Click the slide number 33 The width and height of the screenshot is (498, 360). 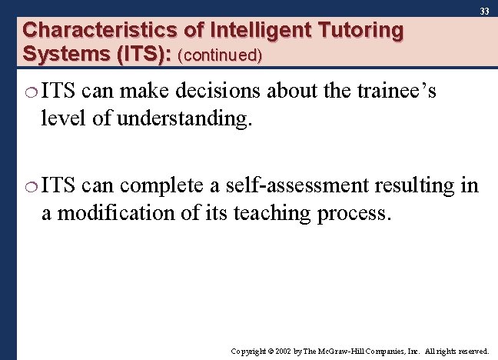484,12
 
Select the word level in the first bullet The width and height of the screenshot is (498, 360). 60,120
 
